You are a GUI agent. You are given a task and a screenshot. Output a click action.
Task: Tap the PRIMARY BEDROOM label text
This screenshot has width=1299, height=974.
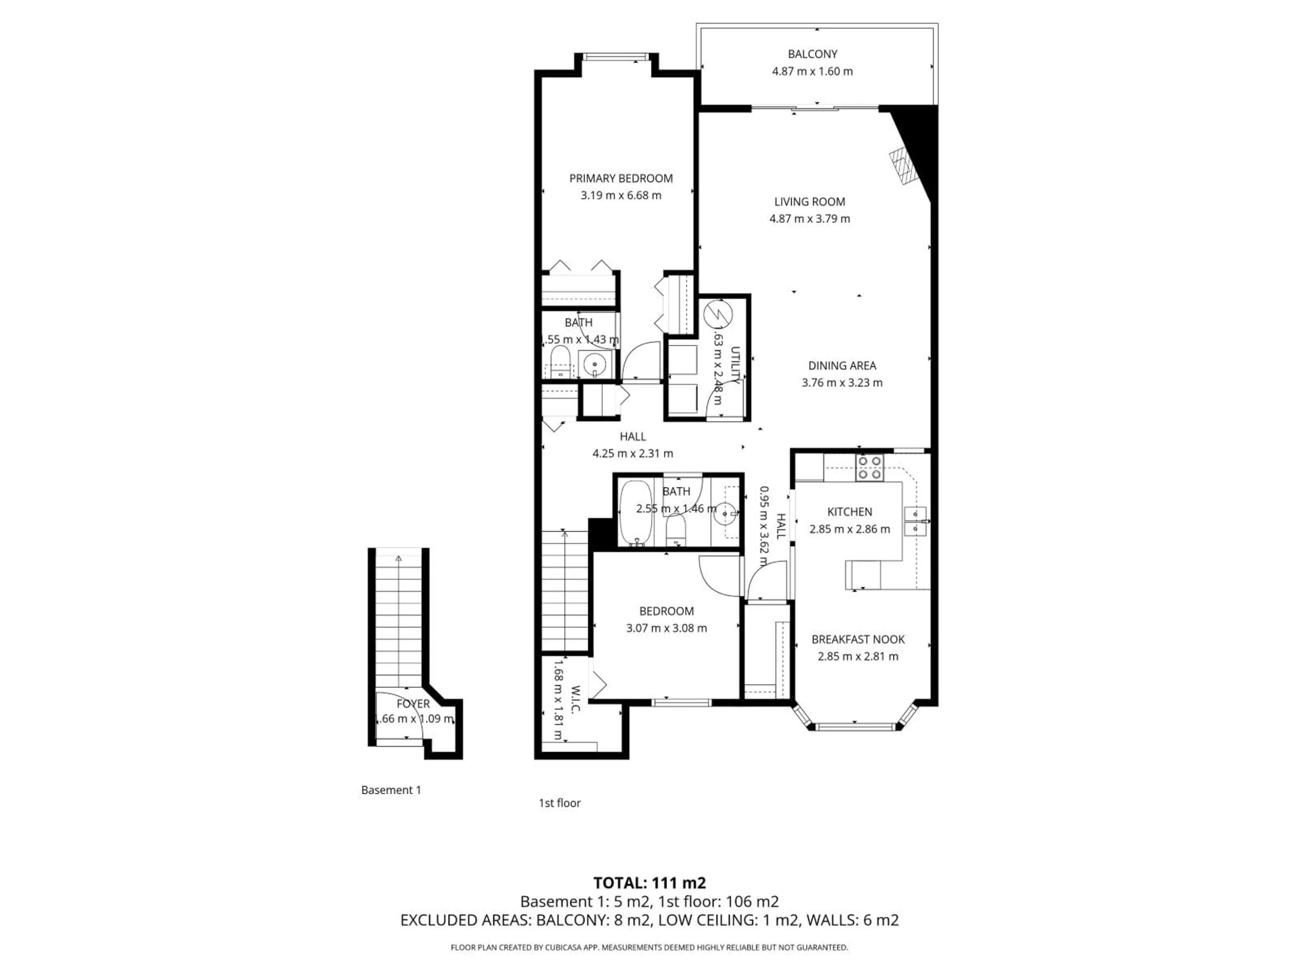(x=621, y=179)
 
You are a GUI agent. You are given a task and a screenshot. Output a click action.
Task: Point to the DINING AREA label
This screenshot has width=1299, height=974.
(x=842, y=366)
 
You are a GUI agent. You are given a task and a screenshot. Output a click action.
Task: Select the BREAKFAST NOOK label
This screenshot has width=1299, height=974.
(x=858, y=639)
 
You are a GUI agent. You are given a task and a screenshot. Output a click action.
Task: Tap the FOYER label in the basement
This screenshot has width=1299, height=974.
(x=413, y=704)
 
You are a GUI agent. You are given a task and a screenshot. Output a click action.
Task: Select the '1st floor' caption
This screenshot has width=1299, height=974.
(x=559, y=803)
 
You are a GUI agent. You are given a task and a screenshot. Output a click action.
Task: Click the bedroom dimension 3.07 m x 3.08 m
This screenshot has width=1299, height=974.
(x=666, y=628)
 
